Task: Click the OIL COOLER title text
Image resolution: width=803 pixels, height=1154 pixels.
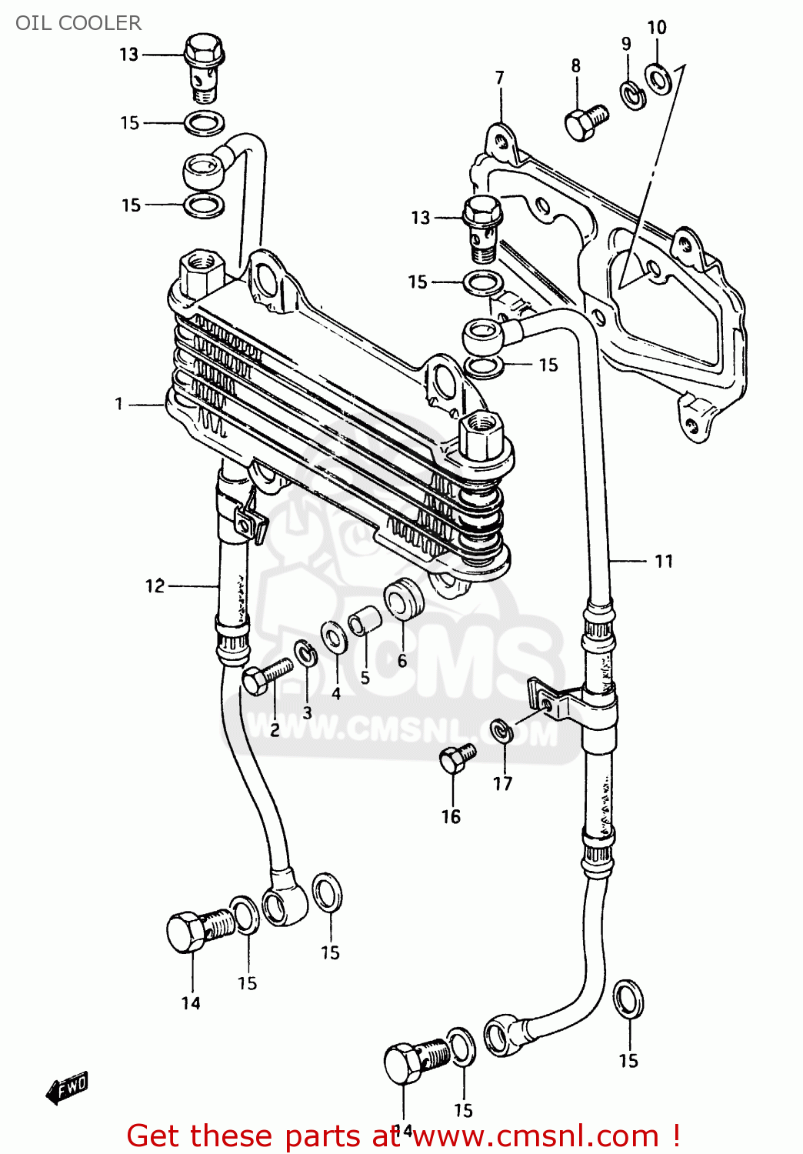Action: [78, 23]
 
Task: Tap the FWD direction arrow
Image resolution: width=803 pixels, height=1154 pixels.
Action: [68, 1088]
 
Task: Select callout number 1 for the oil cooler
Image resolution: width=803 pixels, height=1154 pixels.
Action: [119, 404]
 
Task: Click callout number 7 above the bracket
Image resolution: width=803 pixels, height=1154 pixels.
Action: [500, 78]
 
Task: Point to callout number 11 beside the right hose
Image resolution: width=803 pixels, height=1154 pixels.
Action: [664, 562]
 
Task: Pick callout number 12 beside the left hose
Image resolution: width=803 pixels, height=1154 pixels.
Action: [155, 586]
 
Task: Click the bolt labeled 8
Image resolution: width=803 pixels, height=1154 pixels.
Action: [586, 122]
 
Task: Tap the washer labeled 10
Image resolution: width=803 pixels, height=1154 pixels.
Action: [658, 78]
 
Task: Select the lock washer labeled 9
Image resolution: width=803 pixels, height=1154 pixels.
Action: [633, 95]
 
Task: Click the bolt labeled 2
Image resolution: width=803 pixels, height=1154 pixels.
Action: [265, 676]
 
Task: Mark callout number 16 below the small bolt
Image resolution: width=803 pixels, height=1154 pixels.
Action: [451, 816]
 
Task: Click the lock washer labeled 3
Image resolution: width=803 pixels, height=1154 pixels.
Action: [306, 654]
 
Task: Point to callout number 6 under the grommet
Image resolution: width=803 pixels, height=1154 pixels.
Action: [402, 660]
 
